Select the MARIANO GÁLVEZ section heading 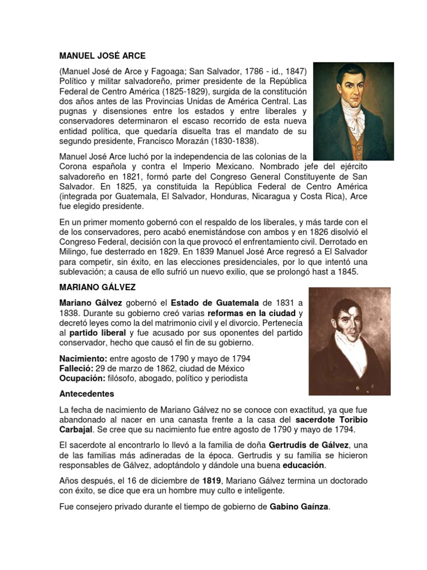(97, 287)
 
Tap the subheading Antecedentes (86, 394)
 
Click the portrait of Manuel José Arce (353, 111)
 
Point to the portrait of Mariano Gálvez (349, 341)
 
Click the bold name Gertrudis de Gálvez (309, 445)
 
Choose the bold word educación (304, 465)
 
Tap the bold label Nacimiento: (83, 358)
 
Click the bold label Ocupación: (82, 379)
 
